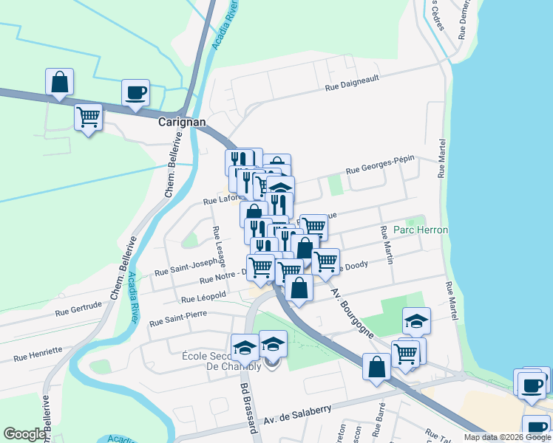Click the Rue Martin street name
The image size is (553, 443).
[x=386, y=244]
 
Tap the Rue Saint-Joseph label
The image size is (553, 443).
[x=186, y=267]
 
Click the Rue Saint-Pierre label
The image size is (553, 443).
[x=177, y=319]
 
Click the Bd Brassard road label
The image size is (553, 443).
[x=247, y=407]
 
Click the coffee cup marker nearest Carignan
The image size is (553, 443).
[x=136, y=93]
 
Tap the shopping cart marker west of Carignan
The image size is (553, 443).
[x=89, y=117]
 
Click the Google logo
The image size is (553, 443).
[x=24, y=434]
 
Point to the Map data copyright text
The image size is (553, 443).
[x=506, y=437]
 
